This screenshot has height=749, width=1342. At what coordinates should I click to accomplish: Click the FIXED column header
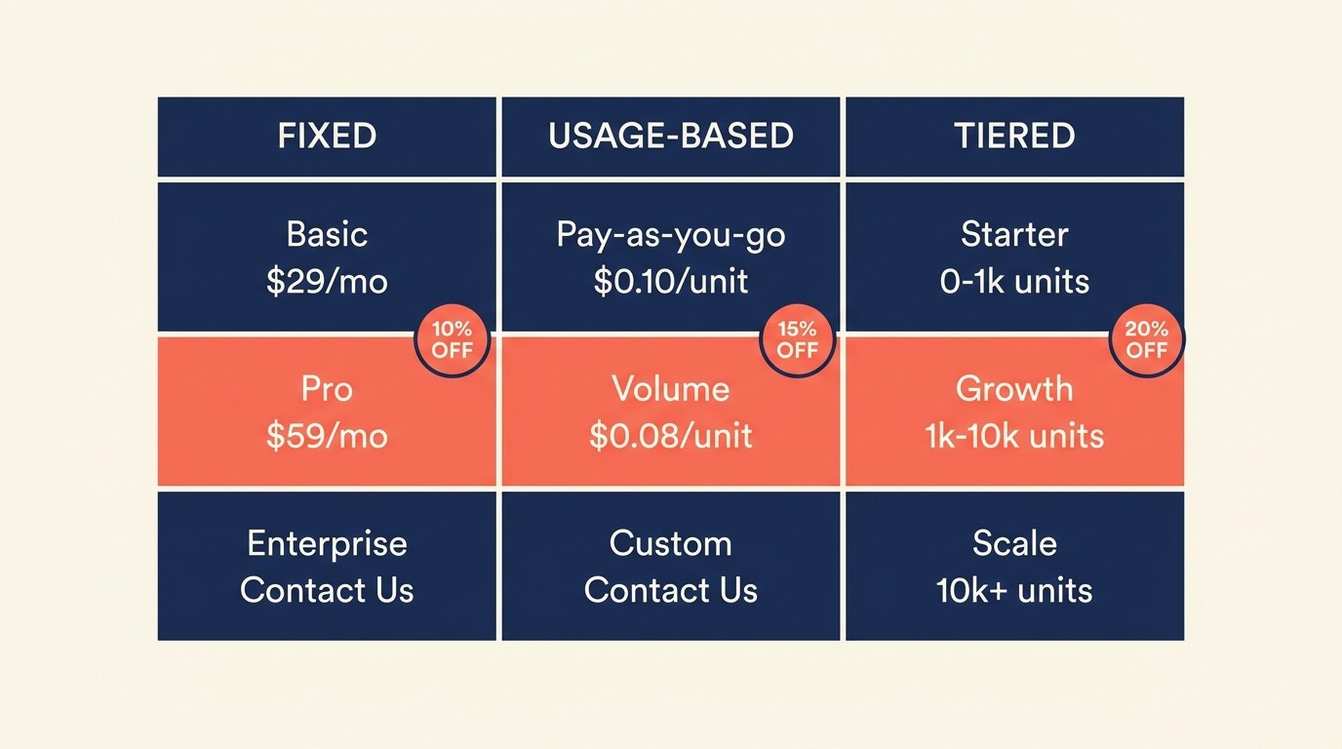coord(327,137)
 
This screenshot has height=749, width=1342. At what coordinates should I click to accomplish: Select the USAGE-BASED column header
coord(671,137)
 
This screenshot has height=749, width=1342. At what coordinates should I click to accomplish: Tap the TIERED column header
coord(1014,137)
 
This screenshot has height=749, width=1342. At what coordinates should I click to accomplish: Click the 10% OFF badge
coord(452,339)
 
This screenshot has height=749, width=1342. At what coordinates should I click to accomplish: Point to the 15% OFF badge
coord(797,339)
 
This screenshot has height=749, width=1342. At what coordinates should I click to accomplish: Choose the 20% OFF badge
coord(1146,339)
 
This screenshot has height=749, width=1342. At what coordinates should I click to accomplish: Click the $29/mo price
coord(327,282)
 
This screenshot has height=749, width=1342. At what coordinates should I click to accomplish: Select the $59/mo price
coord(327,436)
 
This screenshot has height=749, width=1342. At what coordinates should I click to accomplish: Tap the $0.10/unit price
coord(671,282)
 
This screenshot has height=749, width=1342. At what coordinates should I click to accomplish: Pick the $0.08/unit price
coord(671,436)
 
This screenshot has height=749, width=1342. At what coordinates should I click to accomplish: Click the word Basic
coord(327,235)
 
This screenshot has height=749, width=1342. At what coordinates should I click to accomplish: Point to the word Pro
coord(327,389)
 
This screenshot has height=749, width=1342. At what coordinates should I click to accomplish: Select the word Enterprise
coord(327,543)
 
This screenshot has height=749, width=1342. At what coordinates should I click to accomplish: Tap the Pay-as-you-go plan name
coord(671,235)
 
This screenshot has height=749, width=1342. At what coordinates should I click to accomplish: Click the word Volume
coord(671,389)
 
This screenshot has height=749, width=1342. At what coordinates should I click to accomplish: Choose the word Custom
coord(671,543)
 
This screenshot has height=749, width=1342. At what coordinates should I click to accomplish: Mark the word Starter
coord(1014,235)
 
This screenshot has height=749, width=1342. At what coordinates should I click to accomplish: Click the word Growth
coord(1014,389)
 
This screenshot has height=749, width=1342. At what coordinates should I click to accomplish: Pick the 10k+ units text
coord(1014,590)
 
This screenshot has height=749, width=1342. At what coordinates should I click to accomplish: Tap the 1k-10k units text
coord(1014,436)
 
